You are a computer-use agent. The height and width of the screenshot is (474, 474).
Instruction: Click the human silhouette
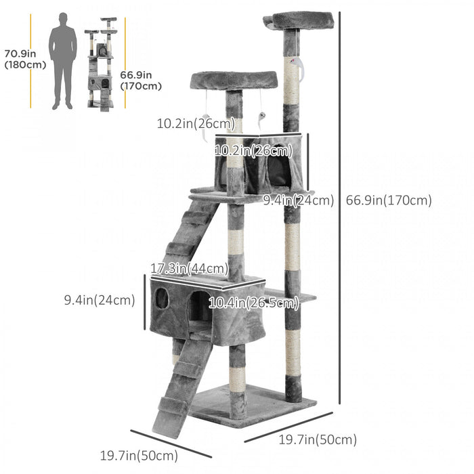(x=62, y=60)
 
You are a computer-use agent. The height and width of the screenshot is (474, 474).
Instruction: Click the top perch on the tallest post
(x=302, y=20)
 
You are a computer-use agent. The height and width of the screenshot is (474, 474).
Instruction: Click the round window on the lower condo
(x=162, y=297)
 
